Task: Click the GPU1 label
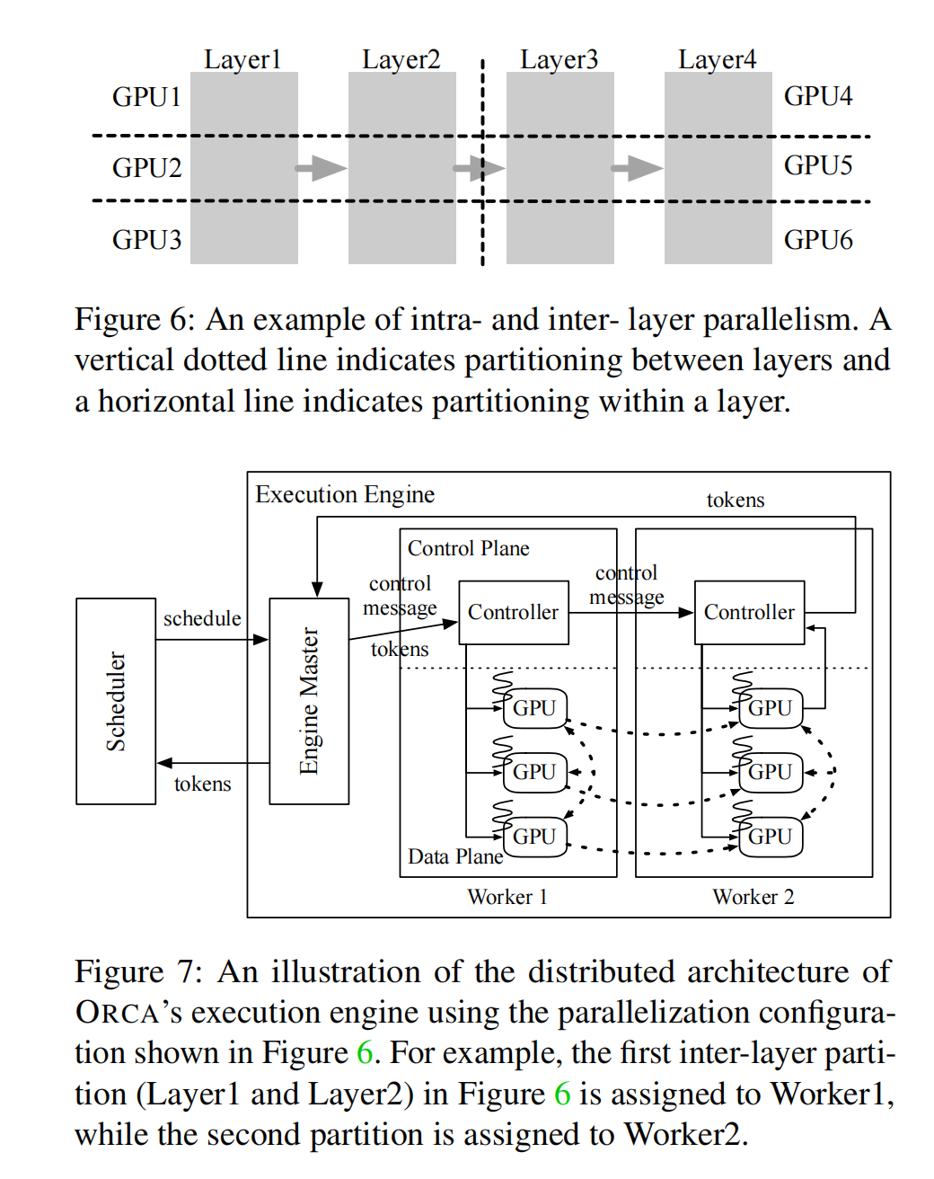(x=146, y=96)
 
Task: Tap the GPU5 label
(x=817, y=165)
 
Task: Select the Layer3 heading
(x=559, y=59)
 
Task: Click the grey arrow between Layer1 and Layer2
(x=321, y=167)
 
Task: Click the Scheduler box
(x=116, y=701)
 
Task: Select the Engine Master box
(x=309, y=701)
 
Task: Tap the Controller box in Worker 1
(x=513, y=612)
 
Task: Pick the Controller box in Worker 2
(x=749, y=612)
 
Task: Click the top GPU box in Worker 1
(x=535, y=708)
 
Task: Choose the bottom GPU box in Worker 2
(x=771, y=837)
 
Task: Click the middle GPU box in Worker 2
(x=771, y=772)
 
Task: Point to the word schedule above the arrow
(x=202, y=618)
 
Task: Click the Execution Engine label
(x=345, y=494)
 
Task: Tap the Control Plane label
(x=468, y=548)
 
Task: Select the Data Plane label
(x=454, y=856)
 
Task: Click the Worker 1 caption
(x=507, y=897)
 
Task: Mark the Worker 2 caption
(x=753, y=897)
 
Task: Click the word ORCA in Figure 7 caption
(x=118, y=1013)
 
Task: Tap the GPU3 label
(x=146, y=240)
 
